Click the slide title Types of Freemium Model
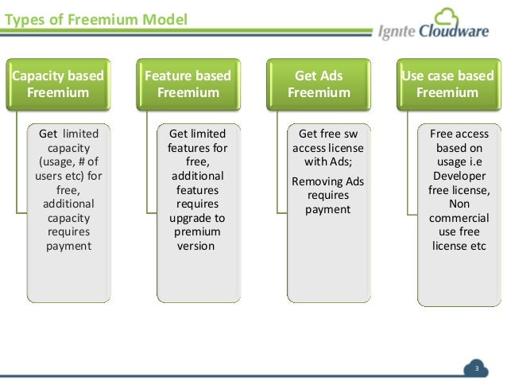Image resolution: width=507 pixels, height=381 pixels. [96, 17]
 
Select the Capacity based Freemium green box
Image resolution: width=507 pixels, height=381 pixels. [58, 84]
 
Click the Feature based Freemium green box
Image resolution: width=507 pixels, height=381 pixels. [188, 84]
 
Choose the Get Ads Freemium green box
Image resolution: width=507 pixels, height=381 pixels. [318, 84]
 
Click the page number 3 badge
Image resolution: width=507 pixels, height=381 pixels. [477, 368]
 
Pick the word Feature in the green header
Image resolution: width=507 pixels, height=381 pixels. [169, 76]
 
